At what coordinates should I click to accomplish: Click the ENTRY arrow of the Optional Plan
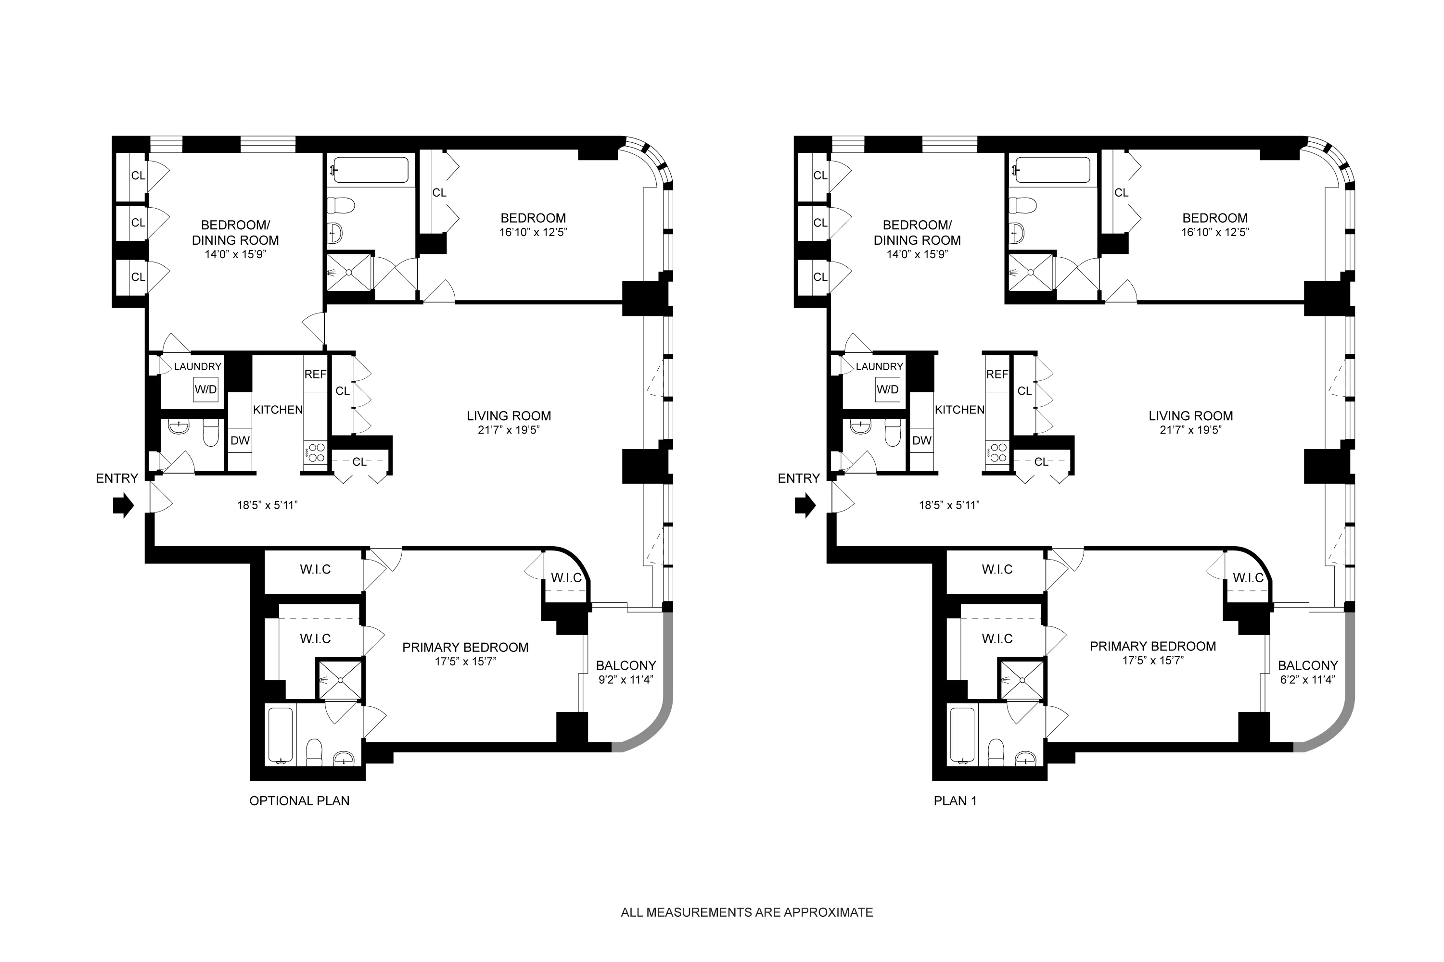click(x=123, y=506)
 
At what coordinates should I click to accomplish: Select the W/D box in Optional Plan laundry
click(x=205, y=389)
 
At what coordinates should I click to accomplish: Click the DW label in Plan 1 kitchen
click(x=921, y=440)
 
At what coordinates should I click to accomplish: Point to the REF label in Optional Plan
click(x=315, y=374)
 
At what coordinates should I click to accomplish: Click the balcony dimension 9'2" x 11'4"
click(x=626, y=680)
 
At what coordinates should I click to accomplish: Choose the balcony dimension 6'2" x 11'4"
click(x=1308, y=680)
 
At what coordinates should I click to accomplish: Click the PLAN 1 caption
click(x=955, y=800)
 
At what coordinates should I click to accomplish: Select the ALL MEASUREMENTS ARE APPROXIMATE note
click(x=747, y=912)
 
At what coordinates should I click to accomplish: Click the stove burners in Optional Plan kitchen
click(x=316, y=453)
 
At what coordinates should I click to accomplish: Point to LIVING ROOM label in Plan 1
click(x=1190, y=415)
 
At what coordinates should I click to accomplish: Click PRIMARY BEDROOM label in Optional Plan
click(x=465, y=647)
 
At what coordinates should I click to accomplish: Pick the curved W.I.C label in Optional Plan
click(x=566, y=577)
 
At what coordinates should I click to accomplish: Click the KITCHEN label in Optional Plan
click(x=278, y=409)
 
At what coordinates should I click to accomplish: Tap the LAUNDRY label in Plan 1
click(x=879, y=366)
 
